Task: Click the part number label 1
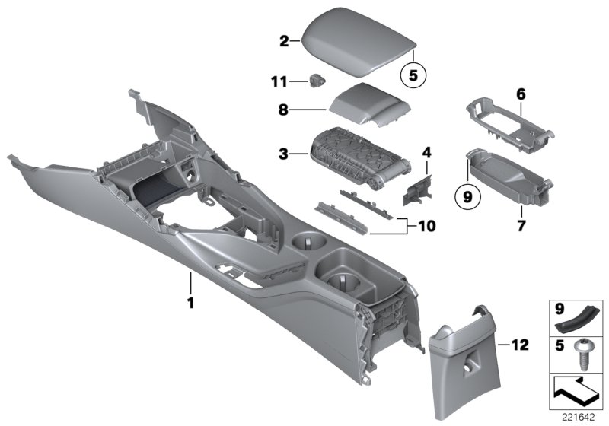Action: (x=191, y=302)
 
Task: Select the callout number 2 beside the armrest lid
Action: (x=284, y=41)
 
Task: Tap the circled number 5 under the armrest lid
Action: (x=414, y=75)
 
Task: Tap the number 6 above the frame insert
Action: (x=521, y=94)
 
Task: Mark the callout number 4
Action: (x=427, y=153)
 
